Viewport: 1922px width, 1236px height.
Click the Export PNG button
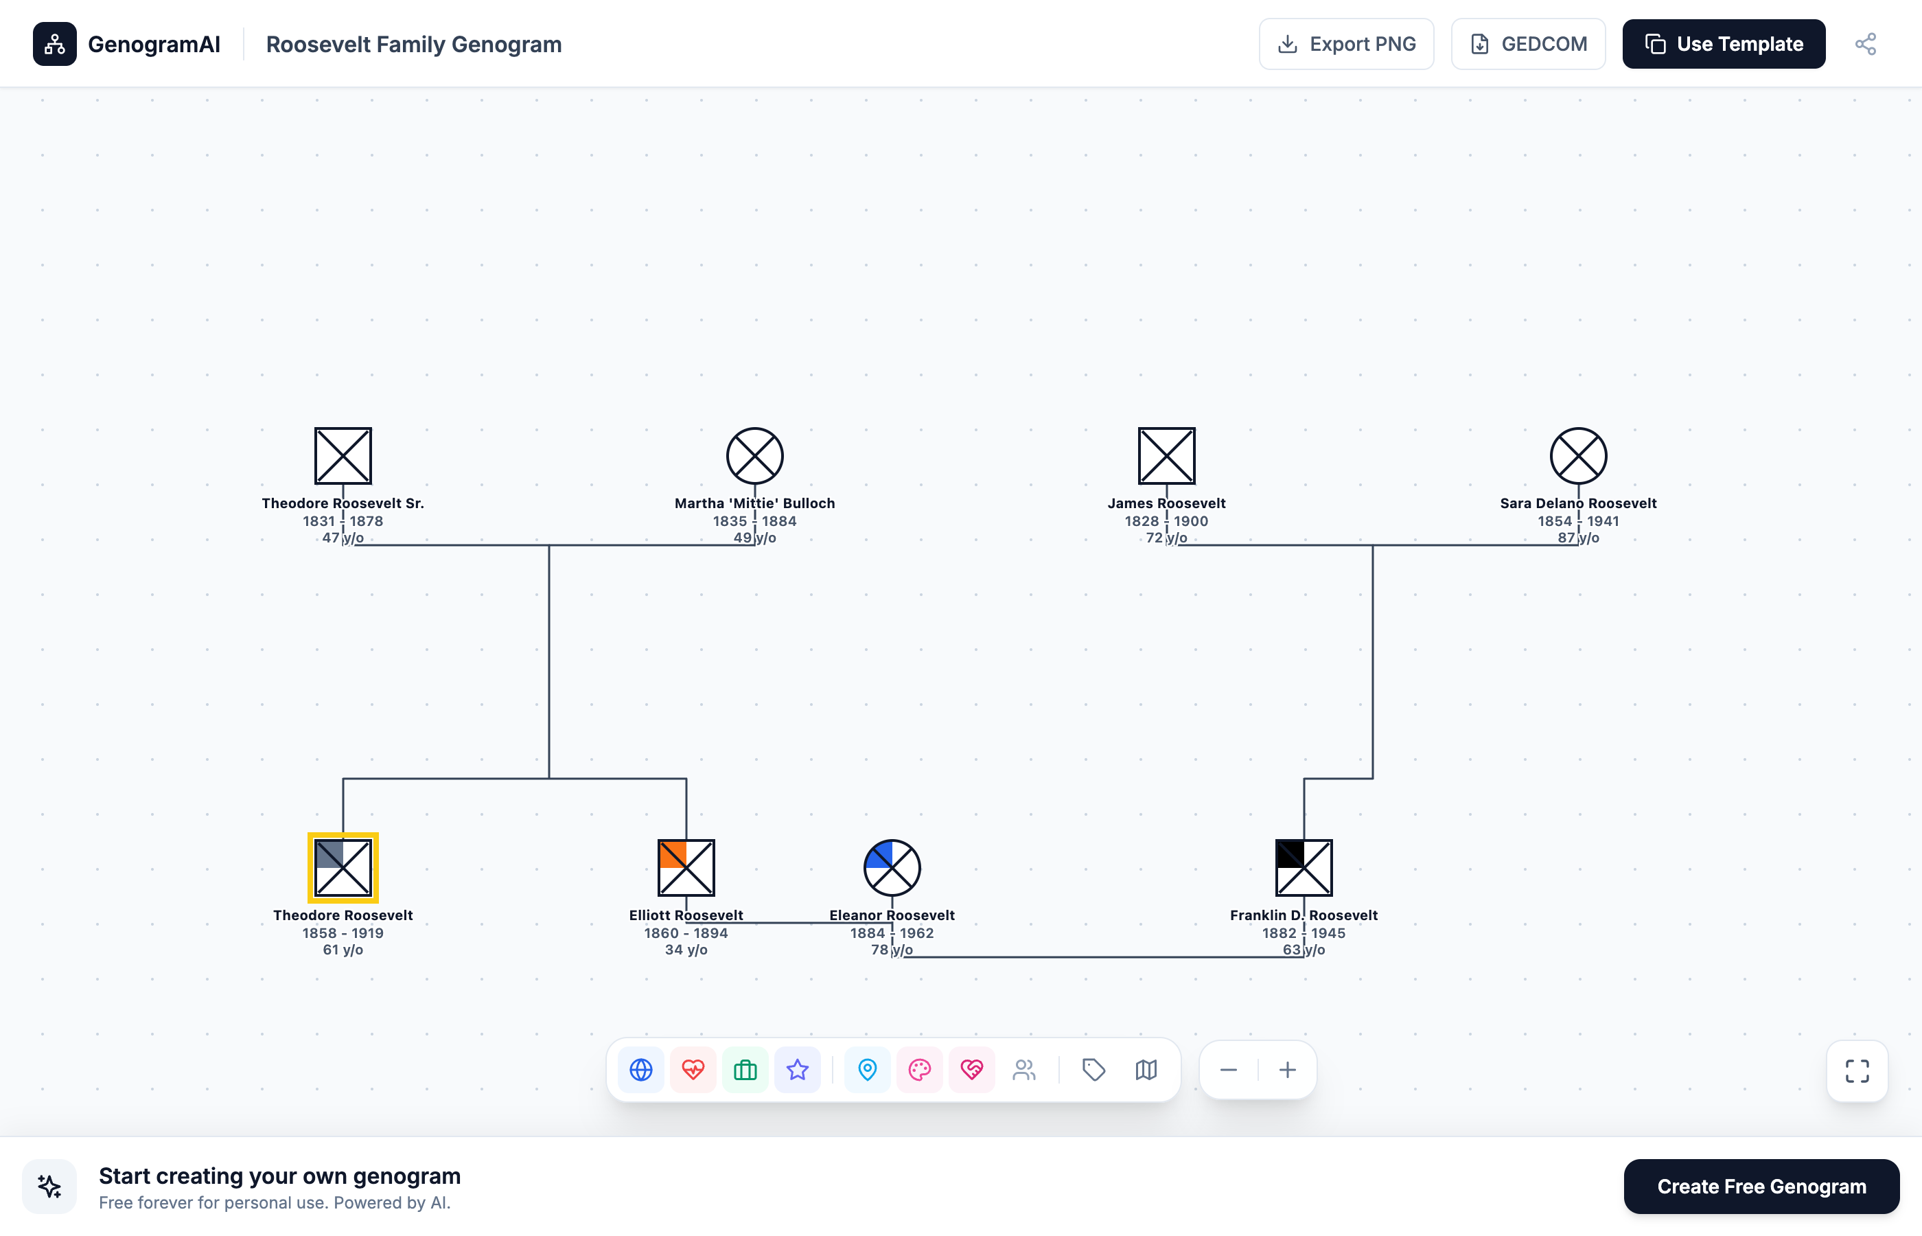click(1346, 44)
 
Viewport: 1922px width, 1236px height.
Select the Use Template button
click(1723, 44)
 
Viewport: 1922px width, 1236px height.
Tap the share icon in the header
click(1865, 44)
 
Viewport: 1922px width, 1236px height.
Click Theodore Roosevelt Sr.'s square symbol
click(343, 456)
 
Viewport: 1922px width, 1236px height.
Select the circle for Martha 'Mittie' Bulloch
click(755, 456)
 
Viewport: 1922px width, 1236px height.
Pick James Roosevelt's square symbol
click(1166, 456)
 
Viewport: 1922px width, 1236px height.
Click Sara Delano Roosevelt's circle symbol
click(1578, 456)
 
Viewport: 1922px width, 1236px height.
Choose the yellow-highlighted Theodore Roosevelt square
click(343, 868)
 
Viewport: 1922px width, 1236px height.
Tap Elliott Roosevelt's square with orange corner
click(686, 868)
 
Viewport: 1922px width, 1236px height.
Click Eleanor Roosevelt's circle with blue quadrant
click(892, 868)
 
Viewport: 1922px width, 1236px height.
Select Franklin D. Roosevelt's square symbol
click(1304, 868)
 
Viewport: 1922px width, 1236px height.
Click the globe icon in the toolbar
click(641, 1070)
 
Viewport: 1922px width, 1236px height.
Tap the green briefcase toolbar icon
click(745, 1070)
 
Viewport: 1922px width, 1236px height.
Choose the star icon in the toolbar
click(798, 1070)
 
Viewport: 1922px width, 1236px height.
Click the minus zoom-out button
click(1228, 1070)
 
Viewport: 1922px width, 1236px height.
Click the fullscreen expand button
click(1857, 1071)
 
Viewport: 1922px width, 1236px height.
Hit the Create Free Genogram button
click(1761, 1187)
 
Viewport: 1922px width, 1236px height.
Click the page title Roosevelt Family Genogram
click(414, 44)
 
